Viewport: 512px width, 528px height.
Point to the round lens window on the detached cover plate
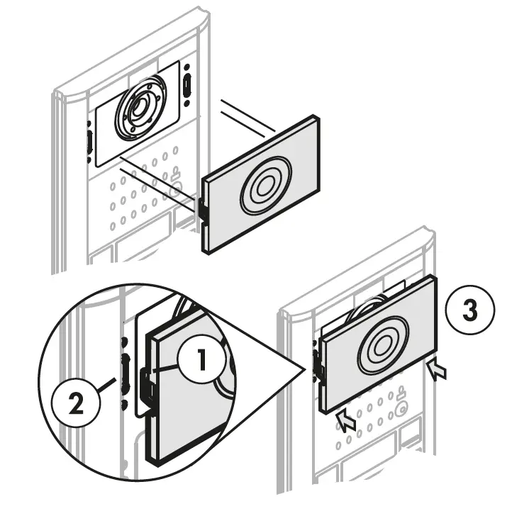tap(264, 186)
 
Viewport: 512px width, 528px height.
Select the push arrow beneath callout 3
tap(438, 370)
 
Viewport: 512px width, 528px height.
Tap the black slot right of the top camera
tap(187, 84)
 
